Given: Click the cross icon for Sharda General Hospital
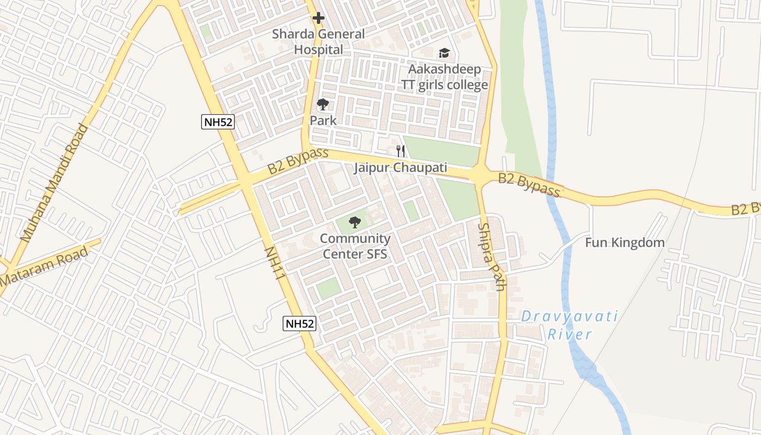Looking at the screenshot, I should click(319, 18).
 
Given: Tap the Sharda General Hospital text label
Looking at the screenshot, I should click(319, 42).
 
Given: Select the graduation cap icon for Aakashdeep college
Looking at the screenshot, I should click(444, 53).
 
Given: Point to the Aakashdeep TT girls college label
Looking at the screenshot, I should click(445, 77).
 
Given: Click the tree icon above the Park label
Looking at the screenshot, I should click(323, 104).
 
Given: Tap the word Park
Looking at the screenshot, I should click(323, 121).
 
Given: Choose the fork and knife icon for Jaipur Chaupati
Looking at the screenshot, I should click(401, 151).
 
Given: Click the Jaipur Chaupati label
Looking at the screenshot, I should click(401, 167).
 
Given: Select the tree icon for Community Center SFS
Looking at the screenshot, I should click(354, 222).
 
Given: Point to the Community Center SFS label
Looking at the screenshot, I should click(355, 246).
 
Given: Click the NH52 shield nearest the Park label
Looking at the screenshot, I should click(218, 122).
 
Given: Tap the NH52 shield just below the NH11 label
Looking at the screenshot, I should click(300, 324).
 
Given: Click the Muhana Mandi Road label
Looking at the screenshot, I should click(54, 183).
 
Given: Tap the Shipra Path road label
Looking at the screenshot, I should click(492, 257).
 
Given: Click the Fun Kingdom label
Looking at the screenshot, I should click(625, 243).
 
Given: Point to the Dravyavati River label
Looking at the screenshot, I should click(570, 325).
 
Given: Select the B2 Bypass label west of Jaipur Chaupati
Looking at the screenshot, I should click(298, 161).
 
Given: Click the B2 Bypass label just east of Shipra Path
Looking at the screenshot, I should click(529, 185).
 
